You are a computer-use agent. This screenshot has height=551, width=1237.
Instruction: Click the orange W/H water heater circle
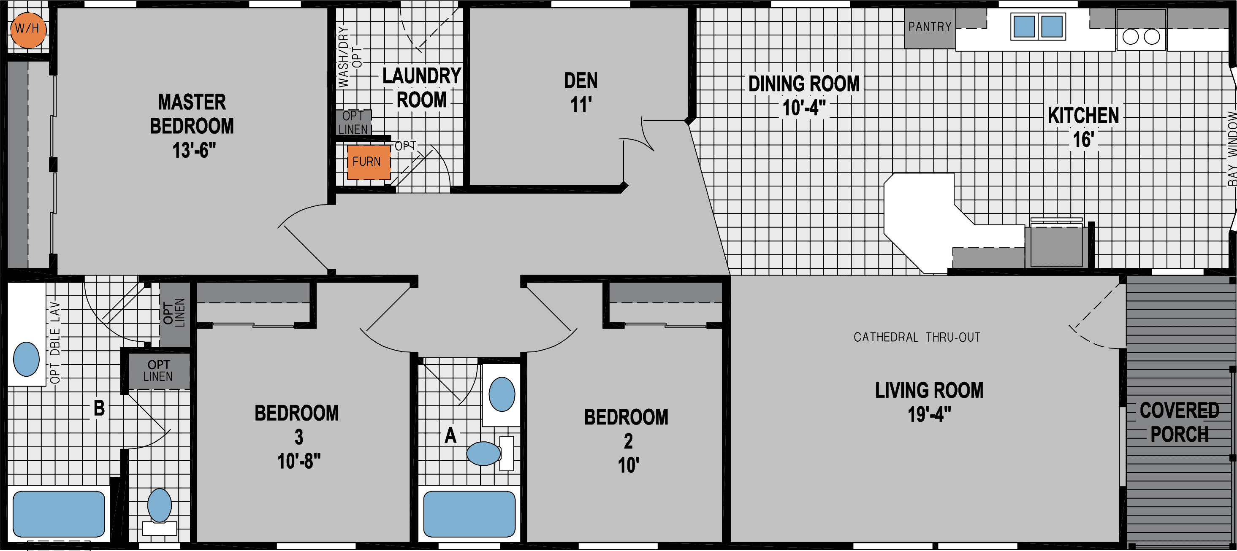(28, 29)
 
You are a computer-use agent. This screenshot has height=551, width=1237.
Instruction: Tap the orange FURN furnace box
(368, 162)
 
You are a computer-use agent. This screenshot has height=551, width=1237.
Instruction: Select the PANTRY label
(929, 27)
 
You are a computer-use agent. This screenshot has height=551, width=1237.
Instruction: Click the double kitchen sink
(1038, 27)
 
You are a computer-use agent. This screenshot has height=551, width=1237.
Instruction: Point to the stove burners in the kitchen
(1141, 36)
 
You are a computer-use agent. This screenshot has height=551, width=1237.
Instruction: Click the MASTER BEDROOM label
(192, 126)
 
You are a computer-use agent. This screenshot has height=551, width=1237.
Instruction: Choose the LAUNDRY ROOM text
(421, 88)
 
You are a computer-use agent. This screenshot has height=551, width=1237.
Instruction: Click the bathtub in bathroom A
(469, 513)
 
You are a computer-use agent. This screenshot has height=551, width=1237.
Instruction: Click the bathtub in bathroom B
(59, 513)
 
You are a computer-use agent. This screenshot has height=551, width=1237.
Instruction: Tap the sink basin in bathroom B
(27, 359)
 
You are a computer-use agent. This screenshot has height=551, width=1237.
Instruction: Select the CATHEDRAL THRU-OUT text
(917, 338)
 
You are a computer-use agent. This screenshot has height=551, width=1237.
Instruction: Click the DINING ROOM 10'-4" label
(803, 95)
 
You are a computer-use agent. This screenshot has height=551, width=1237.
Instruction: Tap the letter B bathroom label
(99, 408)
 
